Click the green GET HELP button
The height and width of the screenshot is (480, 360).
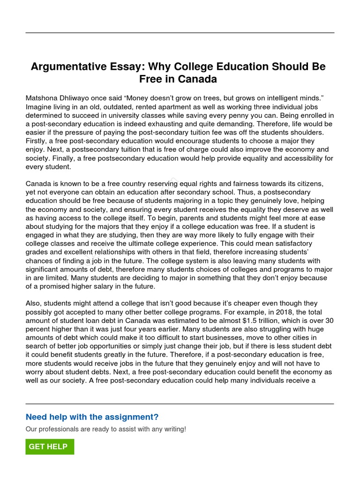[50, 447]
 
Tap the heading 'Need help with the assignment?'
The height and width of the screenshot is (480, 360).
[92, 417]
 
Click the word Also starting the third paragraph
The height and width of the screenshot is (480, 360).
[34, 304]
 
